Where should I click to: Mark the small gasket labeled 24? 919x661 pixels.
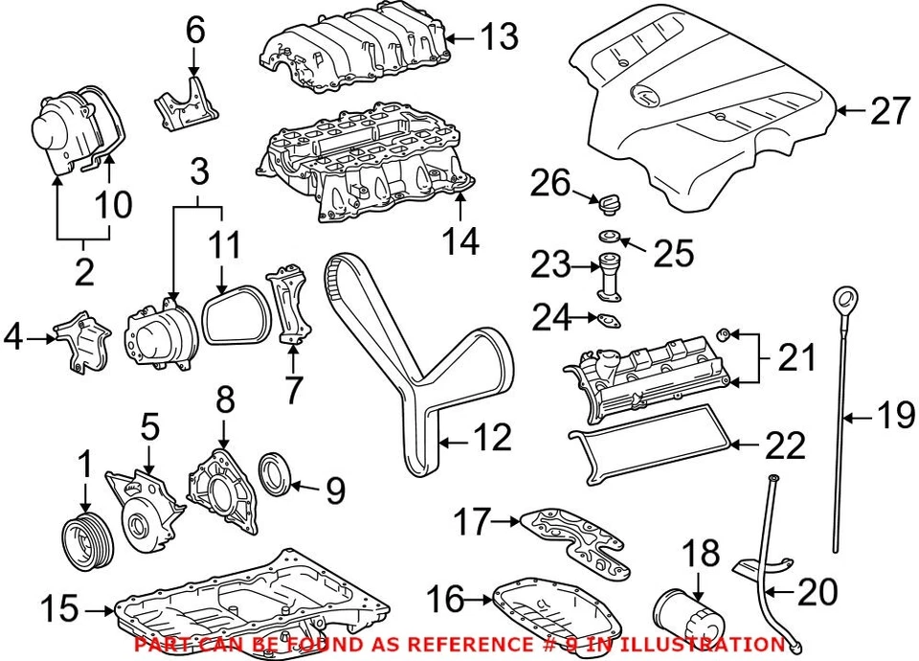tap(608, 319)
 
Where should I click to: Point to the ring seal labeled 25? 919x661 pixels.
tap(607, 237)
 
